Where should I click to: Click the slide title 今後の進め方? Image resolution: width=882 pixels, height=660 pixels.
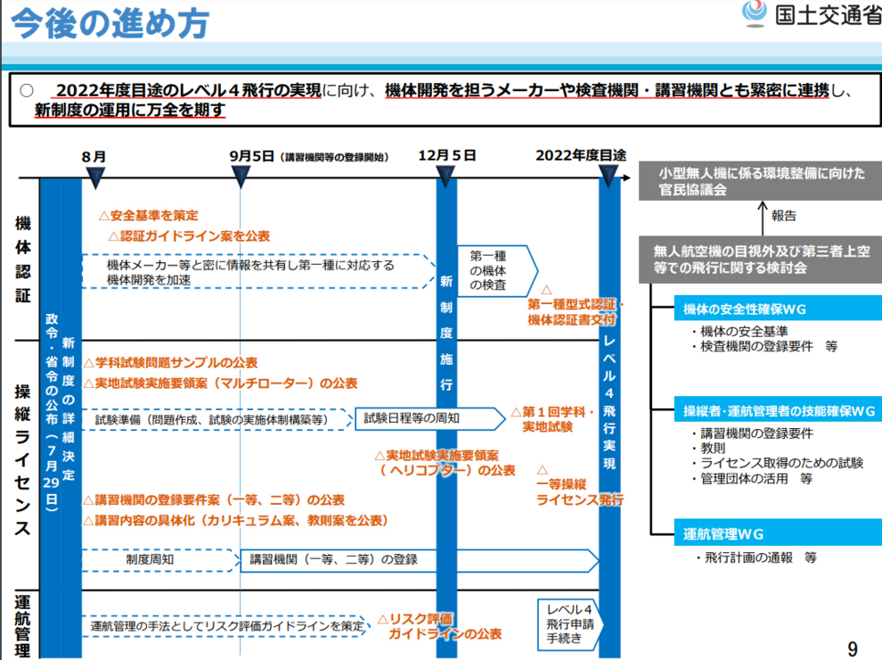coord(110,24)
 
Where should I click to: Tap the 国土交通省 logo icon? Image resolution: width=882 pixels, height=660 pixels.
coord(755,13)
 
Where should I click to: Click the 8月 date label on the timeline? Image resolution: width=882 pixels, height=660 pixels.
coord(94,157)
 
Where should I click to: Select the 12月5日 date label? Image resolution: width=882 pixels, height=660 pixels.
coord(446,155)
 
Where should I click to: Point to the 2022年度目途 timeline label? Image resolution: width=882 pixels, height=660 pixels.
coord(581,155)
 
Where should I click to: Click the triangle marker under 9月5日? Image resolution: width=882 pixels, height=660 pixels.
coord(241,177)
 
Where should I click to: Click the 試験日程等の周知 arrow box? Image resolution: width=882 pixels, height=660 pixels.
coord(430,418)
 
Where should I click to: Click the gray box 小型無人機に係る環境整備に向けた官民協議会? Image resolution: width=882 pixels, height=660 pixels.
coord(760,181)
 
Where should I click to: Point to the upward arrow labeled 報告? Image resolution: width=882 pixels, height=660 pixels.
coord(763,219)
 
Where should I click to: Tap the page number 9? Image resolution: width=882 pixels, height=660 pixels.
coord(853,648)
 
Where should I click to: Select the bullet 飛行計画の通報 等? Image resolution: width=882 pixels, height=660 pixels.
coord(755,557)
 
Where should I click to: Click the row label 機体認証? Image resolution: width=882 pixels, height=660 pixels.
coord(23,259)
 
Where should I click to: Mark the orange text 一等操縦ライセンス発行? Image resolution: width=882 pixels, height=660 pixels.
coord(579,491)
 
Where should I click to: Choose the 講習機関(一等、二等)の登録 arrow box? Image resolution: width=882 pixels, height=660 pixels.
coord(419,560)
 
